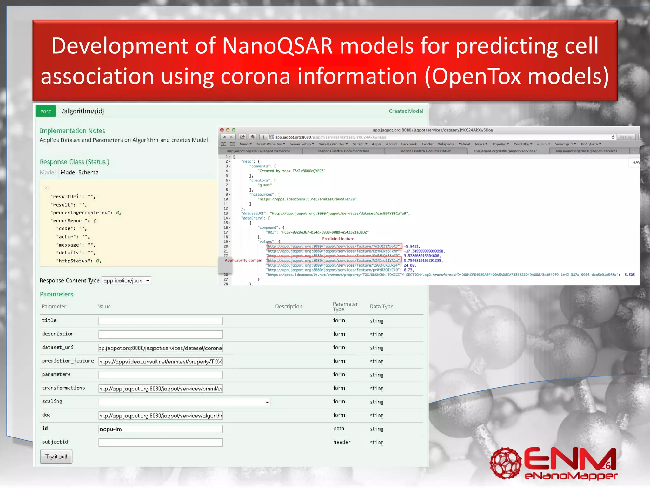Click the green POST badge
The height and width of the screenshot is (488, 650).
pyautogui.click(x=46, y=111)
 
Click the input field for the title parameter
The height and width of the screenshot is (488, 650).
pyautogui.click(x=160, y=321)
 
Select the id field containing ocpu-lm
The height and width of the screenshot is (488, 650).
pyautogui.click(x=160, y=429)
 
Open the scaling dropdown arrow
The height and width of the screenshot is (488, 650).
pyautogui.click(x=267, y=402)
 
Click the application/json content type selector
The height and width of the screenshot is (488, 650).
pyautogui.click(x=126, y=281)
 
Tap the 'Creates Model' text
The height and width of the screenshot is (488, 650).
pyautogui.click(x=406, y=111)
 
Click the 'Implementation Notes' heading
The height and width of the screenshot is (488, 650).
pyautogui.click(x=72, y=131)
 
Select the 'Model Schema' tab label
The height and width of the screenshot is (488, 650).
pyautogui.click(x=79, y=172)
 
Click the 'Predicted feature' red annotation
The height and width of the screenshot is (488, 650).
pyautogui.click(x=338, y=239)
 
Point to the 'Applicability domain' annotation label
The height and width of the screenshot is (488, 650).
pyautogui.click(x=243, y=260)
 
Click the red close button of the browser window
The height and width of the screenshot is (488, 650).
pyautogui.click(x=222, y=130)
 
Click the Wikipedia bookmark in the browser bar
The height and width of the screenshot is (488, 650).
pyautogui.click(x=446, y=144)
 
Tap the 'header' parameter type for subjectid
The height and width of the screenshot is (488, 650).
pyautogui.click(x=342, y=442)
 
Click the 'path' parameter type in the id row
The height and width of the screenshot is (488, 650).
pyautogui.click(x=339, y=429)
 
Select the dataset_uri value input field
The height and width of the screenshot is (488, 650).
pyautogui.click(x=160, y=348)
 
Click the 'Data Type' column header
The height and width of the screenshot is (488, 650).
pyautogui.click(x=381, y=306)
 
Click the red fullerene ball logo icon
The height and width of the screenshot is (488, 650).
pyautogui.click(x=505, y=463)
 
